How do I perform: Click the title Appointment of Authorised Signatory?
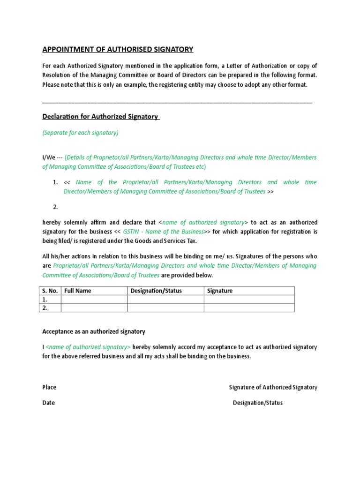point(118,49)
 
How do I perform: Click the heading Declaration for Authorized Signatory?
point(101,116)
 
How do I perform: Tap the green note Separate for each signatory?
point(80,133)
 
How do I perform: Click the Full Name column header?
point(78,291)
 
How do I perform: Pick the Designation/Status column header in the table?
point(156,291)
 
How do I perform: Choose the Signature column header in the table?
point(220,291)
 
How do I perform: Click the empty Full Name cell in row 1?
point(94,300)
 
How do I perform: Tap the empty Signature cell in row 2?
point(249,308)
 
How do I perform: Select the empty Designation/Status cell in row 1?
point(165,300)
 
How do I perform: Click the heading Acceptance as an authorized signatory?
point(94,331)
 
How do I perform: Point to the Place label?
point(49,387)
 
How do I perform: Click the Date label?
point(48,403)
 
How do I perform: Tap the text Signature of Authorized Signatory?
point(273,387)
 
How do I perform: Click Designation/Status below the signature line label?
point(258,403)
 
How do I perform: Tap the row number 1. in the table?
point(45,300)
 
